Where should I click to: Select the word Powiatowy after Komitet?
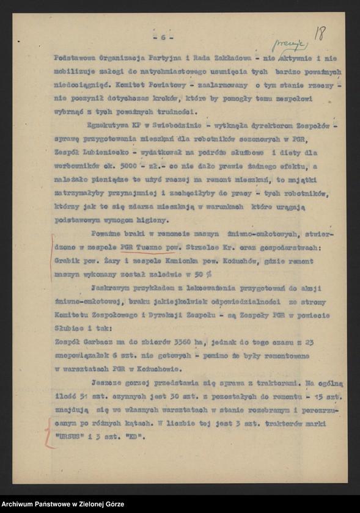coord(170,85)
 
